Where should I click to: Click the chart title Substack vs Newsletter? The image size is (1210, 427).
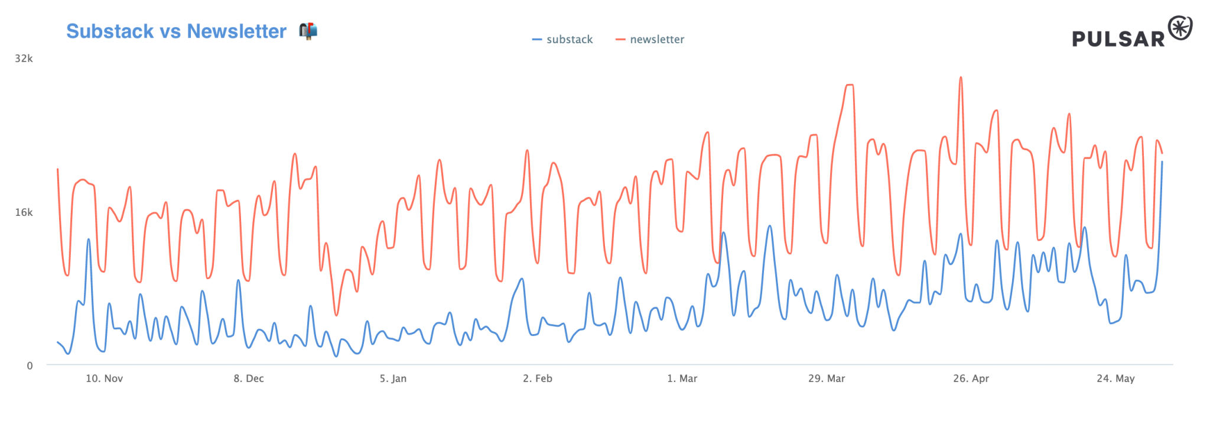pos(176,31)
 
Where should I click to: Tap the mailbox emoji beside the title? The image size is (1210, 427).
pos(308,30)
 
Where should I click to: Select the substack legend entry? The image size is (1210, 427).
pos(563,40)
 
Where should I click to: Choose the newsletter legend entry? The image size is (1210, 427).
pos(650,40)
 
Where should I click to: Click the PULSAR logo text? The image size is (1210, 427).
pos(1118,39)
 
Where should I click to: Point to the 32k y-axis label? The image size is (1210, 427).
pos(24,59)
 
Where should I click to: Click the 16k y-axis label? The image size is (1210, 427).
pos(24,212)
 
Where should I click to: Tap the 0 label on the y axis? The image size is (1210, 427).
pos(30,365)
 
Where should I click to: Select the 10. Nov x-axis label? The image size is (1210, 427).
pos(104,379)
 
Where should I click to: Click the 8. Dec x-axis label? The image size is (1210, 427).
pos(249,379)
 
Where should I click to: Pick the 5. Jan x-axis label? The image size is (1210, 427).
pos(393,379)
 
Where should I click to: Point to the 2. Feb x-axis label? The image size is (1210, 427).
pos(538,379)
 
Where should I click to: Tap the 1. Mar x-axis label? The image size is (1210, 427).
pos(682,379)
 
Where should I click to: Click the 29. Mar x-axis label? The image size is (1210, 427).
pos(827,379)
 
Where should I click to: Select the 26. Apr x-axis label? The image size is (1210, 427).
pos(971,379)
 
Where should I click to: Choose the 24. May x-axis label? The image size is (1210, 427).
pos(1115,379)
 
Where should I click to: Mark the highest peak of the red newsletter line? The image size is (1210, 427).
pos(960,77)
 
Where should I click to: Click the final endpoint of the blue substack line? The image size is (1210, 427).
pos(1162,161)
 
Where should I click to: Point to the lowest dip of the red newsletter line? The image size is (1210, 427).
pos(336,315)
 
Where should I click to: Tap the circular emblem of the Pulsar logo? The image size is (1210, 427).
pos(1180,28)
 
